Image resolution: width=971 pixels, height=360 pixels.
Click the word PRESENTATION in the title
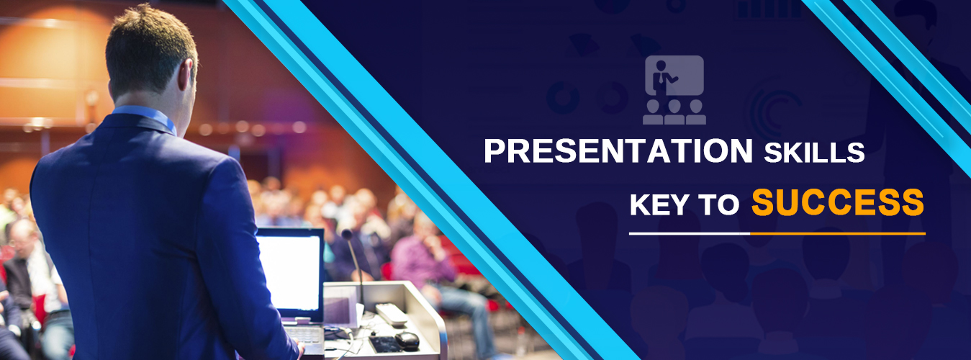coord(618,150)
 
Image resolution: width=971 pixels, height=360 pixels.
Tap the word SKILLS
coord(814,153)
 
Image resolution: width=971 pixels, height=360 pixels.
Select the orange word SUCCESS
coord(838,202)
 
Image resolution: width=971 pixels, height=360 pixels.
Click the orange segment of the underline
coord(838,234)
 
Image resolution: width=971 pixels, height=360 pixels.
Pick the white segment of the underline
coord(690,234)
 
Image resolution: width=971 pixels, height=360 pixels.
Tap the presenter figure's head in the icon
coord(661,66)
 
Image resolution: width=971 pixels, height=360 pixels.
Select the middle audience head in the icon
coord(674,106)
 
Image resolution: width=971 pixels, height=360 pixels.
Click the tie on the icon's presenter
coord(661,78)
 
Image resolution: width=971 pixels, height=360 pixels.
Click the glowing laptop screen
coord(289,272)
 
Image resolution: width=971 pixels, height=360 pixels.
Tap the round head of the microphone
coord(347,235)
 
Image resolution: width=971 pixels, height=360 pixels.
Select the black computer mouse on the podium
coord(407,341)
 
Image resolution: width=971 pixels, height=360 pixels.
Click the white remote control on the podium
coord(391,315)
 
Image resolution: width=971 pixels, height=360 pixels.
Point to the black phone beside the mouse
coord(384,344)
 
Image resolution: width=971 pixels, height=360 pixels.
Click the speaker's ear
coord(186,75)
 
